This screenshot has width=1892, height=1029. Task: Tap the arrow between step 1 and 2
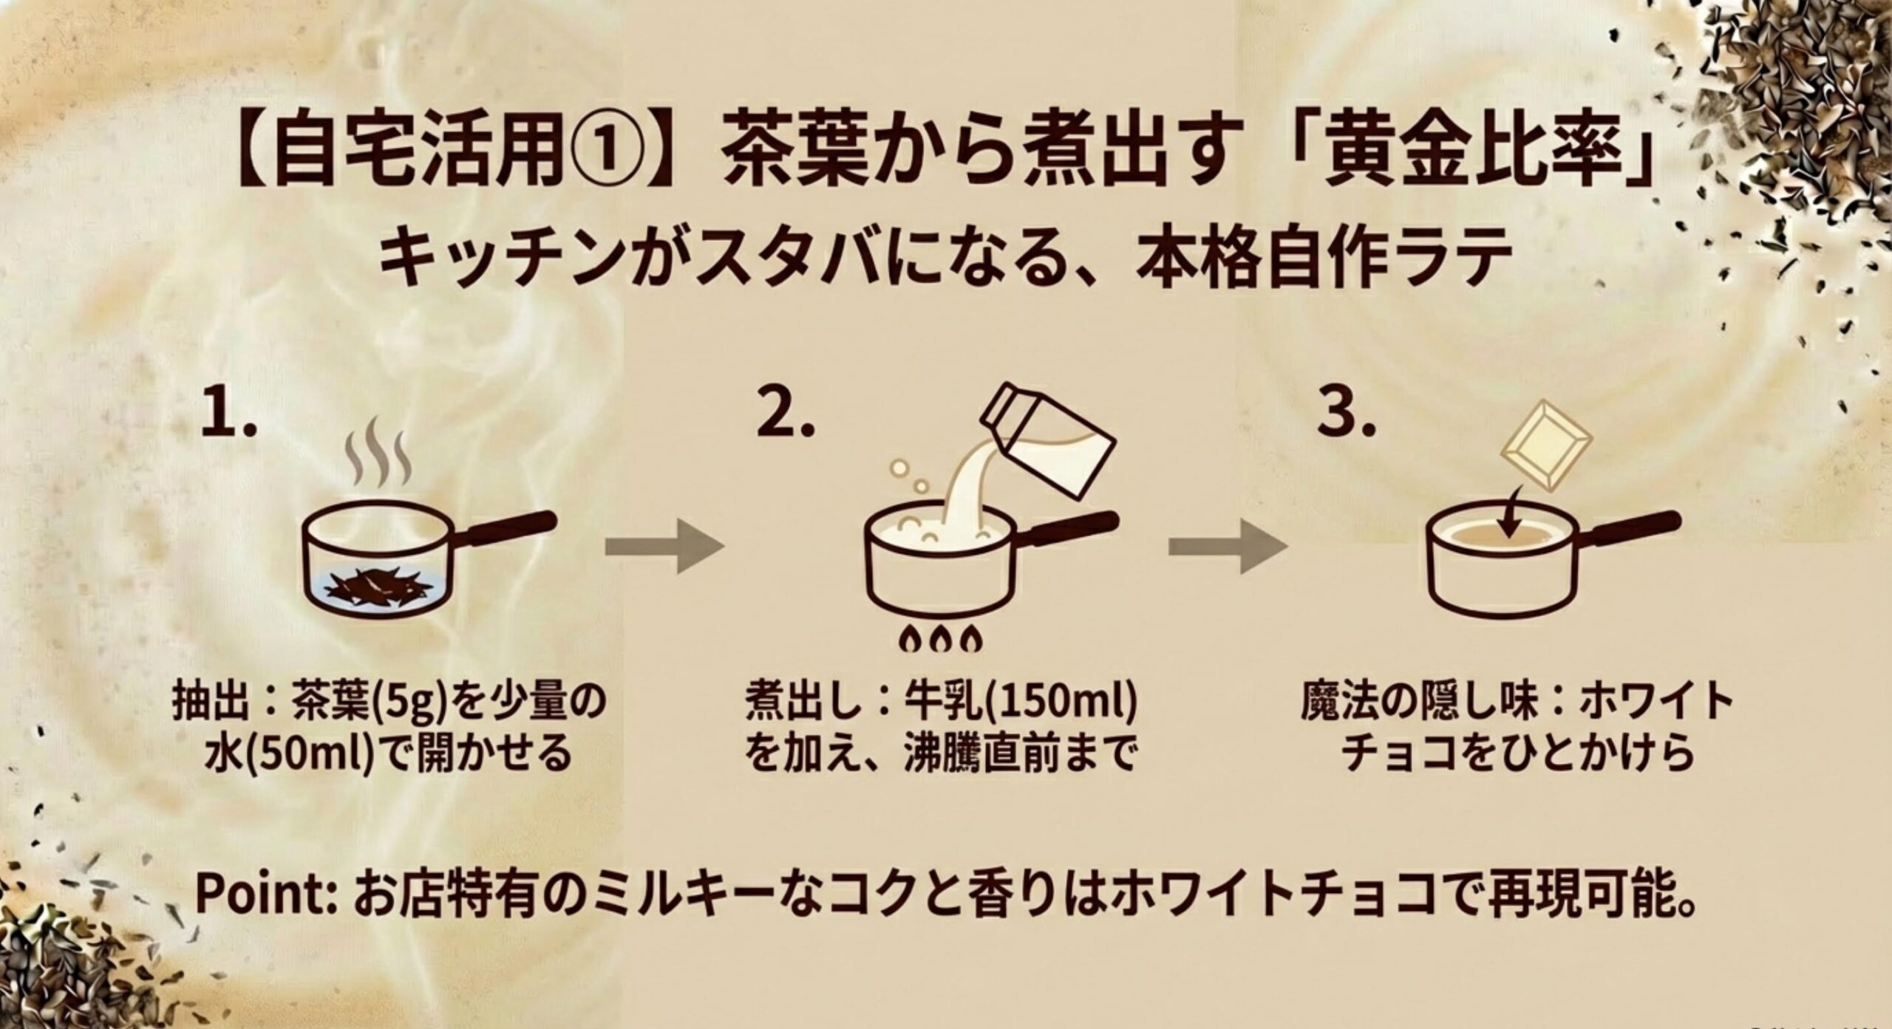663,547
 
